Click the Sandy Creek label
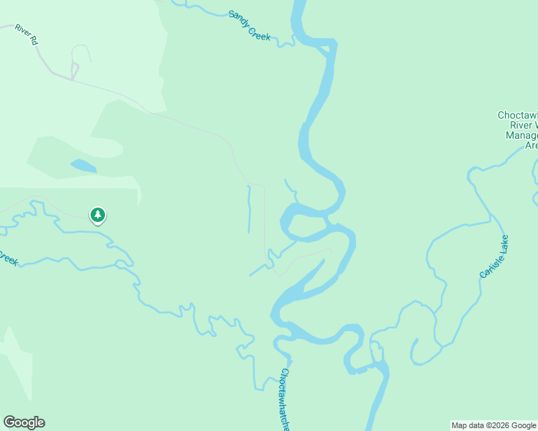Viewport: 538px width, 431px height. coord(250,24)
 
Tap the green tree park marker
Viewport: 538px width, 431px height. coord(98,215)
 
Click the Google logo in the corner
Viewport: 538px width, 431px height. coord(24,422)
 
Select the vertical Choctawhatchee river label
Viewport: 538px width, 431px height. coord(286,399)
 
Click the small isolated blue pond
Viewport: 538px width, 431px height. coord(83,166)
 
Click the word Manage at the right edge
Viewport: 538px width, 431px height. coord(521,135)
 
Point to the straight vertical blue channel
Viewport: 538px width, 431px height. coord(249,208)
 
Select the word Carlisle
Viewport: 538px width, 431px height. coord(488,264)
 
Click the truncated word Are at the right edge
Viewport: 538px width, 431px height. coord(531,145)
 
